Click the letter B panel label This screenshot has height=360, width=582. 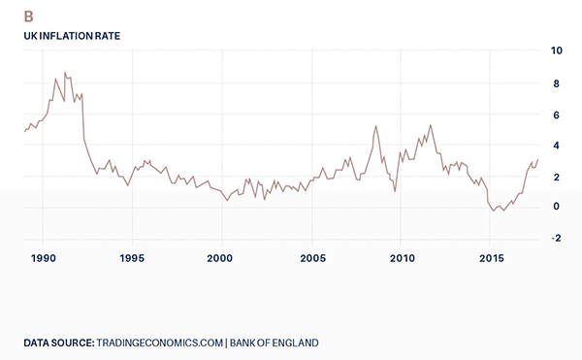click(x=29, y=15)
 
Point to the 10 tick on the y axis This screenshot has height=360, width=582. click(x=557, y=49)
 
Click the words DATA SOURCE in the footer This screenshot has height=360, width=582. click(x=59, y=343)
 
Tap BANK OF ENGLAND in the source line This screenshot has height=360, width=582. click(x=275, y=343)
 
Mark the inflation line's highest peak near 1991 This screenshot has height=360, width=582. click(x=65, y=73)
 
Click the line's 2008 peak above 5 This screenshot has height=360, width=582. click(x=376, y=126)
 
